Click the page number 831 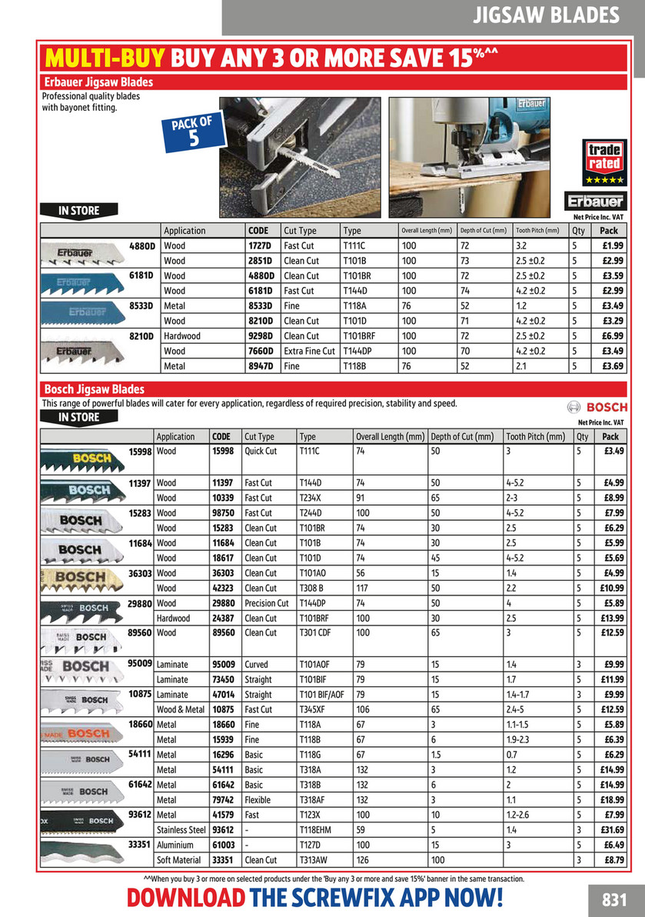(615, 899)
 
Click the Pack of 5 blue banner (194, 132)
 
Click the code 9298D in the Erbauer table (260, 336)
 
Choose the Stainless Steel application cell (181, 830)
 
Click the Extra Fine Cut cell (310, 351)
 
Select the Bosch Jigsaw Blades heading (95, 389)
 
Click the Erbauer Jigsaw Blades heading (98, 82)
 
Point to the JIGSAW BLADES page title (546, 15)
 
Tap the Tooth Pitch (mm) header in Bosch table (535, 436)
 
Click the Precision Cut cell (266, 603)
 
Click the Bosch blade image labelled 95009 (81, 670)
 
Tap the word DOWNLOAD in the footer (186, 898)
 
